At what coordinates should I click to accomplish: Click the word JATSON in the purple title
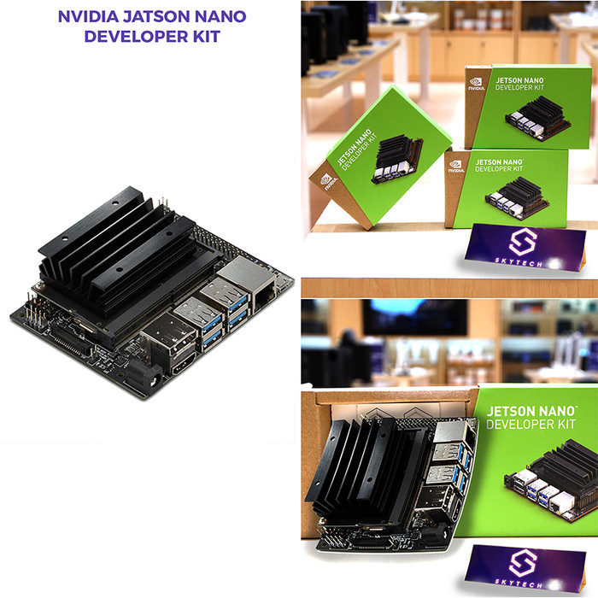click(x=156, y=16)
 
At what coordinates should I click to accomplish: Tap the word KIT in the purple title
click(x=206, y=37)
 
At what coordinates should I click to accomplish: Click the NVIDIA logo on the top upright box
click(x=477, y=84)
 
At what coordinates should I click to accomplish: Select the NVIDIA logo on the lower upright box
click(x=456, y=167)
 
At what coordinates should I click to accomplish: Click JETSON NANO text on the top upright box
click(x=519, y=80)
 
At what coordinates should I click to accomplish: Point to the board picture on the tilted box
click(x=397, y=159)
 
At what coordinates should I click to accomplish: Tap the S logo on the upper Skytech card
click(x=523, y=242)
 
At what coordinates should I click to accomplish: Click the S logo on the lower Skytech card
click(x=523, y=563)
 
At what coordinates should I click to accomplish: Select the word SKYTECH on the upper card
click(x=519, y=262)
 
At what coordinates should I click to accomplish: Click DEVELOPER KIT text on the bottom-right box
click(x=531, y=424)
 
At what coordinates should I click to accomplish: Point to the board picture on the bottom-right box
click(x=551, y=482)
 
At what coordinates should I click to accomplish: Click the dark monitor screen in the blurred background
click(x=414, y=317)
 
